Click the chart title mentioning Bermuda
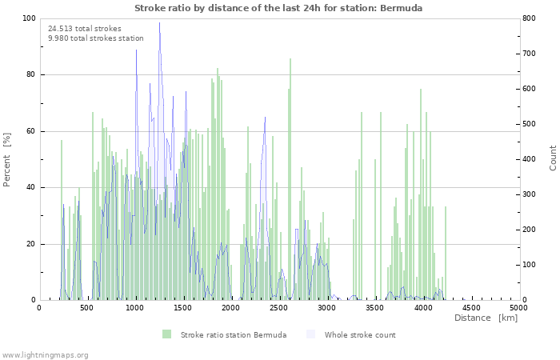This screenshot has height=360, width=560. click(278, 8)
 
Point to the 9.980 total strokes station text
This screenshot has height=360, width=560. click(96, 38)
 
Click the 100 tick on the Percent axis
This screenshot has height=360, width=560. click(29, 18)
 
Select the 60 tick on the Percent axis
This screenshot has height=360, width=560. click(31, 131)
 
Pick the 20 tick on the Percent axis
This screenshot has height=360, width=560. click(31, 244)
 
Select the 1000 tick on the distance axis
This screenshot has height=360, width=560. click(135, 307)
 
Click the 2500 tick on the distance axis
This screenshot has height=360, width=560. click(279, 307)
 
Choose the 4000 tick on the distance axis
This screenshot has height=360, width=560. click(423, 307)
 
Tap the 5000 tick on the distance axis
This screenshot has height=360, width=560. click(518, 307)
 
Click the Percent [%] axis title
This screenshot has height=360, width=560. click(8, 159)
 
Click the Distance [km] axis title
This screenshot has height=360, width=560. click(486, 318)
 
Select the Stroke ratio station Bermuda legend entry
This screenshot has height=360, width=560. click(224, 334)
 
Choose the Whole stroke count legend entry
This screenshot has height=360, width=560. click(352, 334)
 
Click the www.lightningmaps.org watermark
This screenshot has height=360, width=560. click(45, 354)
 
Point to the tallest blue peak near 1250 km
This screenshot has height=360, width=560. click(159, 23)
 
